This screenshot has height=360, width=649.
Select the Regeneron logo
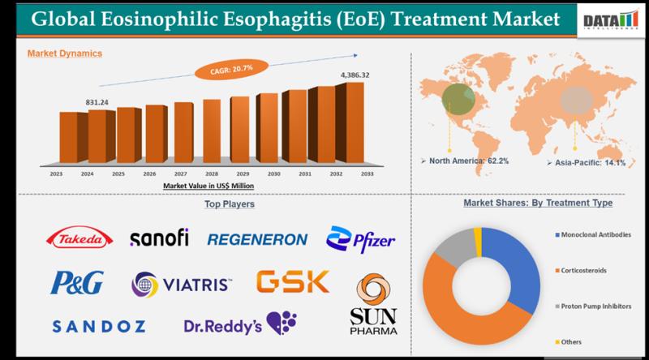pos(257,239)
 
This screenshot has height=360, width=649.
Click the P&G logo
pos(77,283)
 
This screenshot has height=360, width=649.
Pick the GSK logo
pos(292,282)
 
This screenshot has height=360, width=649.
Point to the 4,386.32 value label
pos(352,75)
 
